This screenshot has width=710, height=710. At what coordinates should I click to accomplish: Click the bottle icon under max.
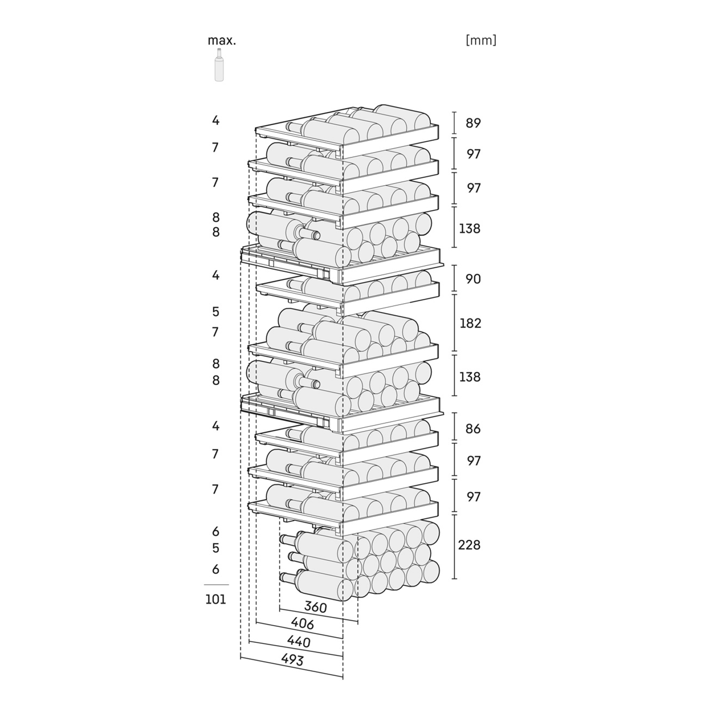coord(219,65)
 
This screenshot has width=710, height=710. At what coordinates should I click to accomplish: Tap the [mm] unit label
coord(481,40)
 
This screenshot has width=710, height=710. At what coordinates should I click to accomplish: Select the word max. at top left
coord(222,41)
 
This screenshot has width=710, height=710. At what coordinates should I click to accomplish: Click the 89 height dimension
coord(473,123)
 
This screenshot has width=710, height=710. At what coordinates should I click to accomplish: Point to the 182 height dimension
coord(470,323)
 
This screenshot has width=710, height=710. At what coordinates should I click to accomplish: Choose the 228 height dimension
coord(469,545)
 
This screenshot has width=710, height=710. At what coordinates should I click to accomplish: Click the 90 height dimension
coord(473,279)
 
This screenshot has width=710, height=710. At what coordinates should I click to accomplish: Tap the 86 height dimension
coord(473,428)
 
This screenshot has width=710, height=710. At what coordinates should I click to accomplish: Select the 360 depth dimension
coord(316,607)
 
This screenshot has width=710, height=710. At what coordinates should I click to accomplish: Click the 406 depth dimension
coord(302,624)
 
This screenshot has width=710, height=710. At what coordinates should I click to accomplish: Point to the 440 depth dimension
coord(298,641)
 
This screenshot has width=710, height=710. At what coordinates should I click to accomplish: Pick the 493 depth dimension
coord(292,660)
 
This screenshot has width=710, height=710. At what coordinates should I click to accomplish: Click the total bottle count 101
coord(215,599)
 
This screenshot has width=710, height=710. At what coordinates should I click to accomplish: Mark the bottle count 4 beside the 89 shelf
coord(216,120)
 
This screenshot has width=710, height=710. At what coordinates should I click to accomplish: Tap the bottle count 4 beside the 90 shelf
coord(216,275)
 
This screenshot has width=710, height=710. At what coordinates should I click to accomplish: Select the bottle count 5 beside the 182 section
coord(216,312)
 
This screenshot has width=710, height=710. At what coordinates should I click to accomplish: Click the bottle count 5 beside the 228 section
coord(216,548)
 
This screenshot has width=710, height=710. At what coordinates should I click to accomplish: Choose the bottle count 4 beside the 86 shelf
coord(216,426)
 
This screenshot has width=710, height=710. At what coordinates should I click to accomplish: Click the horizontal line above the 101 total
coord(216,585)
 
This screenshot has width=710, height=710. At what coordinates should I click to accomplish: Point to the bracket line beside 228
coord(454,546)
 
